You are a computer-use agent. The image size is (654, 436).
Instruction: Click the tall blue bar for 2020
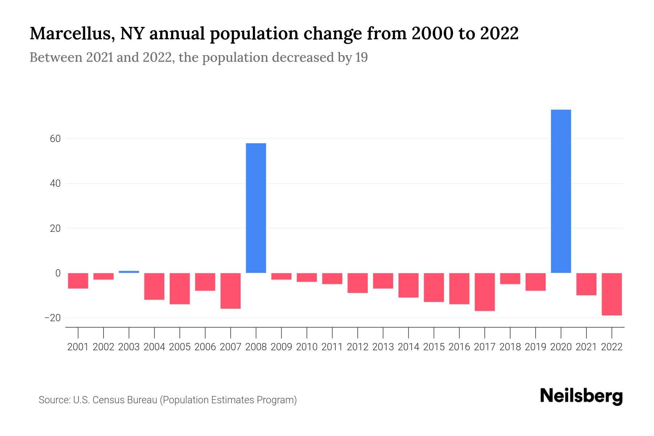[561, 191]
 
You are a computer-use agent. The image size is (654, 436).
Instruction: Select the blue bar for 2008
[256, 208]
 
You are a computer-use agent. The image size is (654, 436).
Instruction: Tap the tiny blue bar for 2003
[129, 272]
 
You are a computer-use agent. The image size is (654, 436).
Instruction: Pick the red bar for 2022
[612, 294]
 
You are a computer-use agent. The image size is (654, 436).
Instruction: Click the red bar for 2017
[485, 292]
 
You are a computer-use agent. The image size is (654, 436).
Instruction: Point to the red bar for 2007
[231, 291]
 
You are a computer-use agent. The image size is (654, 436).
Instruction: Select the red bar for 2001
[78, 280]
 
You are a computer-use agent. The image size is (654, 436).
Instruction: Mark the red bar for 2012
[358, 283]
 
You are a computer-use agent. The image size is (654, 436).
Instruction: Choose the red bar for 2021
[586, 284]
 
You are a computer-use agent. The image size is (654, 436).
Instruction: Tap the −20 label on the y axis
[52, 318]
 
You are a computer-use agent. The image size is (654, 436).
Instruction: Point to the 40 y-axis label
[55, 183]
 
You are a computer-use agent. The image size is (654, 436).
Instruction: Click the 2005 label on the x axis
[180, 347]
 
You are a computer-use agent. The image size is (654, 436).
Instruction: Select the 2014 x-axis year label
[408, 347]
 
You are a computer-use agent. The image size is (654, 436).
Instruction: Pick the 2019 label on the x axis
[536, 347]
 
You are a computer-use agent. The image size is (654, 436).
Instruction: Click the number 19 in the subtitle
[362, 57]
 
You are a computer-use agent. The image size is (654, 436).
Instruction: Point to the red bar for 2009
[282, 276]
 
